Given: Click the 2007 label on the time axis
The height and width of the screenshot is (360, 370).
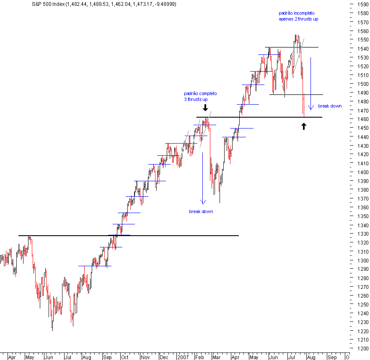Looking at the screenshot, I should coord(183,358).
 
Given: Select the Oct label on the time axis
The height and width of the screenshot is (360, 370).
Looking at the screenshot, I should coord(124,358).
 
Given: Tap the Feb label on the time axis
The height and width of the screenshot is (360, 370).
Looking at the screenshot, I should coord(200,358).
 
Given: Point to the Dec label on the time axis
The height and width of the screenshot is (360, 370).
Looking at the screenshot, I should coord(164,358).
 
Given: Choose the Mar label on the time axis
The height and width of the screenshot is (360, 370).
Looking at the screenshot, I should coord(216,358).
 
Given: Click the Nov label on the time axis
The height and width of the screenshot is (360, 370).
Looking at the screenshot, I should coord(145,358).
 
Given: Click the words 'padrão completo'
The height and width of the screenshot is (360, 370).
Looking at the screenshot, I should coord(200,93).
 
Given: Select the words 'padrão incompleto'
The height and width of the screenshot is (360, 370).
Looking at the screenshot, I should coord(296,13).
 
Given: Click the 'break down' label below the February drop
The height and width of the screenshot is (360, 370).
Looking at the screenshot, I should coord(201,211).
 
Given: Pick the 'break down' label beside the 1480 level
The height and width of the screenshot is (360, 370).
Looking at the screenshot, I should coord(330,106).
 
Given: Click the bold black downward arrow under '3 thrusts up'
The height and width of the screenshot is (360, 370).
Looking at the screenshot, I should coord(205,108).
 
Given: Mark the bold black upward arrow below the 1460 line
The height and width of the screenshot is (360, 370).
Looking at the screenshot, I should coord(304,126).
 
